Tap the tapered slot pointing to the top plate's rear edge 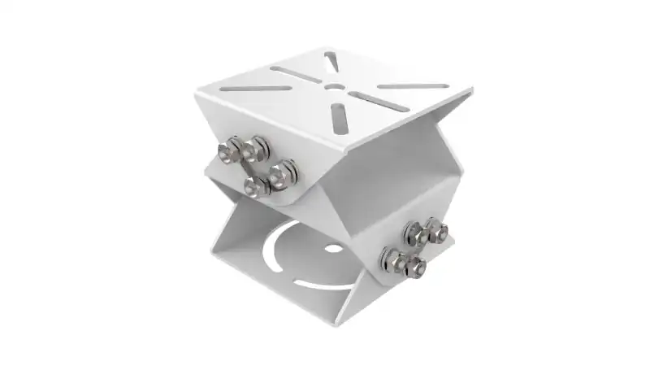[x=329, y=62]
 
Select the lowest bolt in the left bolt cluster [x=256, y=186]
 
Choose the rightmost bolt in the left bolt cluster [x=284, y=171]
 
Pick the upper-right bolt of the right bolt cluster [x=435, y=231]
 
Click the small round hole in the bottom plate [x=332, y=249]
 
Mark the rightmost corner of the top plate [x=471, y=91]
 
